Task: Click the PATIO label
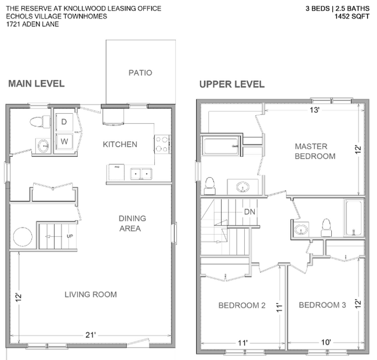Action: coord(140,73)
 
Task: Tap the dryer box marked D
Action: coord(63,121)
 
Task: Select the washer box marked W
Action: coord(63,141)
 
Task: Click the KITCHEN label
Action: coord(120,144)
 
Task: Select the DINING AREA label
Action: coord(132,223)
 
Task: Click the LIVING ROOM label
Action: coord(90,294)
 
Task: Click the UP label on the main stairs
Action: coord(70,237)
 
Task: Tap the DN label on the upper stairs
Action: coord(250,212)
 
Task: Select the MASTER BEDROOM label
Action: coord(315,151)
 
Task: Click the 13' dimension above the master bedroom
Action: coord(314,110)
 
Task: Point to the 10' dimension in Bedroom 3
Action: coord(326,343)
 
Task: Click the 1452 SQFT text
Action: coord(351,17)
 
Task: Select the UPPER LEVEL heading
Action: coord(232,84)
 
